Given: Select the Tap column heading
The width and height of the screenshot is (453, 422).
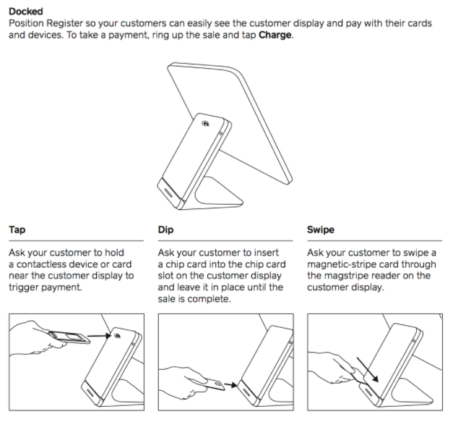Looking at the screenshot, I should tap(17, 229).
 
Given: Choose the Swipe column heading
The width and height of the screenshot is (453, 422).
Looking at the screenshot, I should tap(321, 229).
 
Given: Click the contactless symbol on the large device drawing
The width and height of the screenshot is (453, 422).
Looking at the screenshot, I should tap(205, 124).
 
